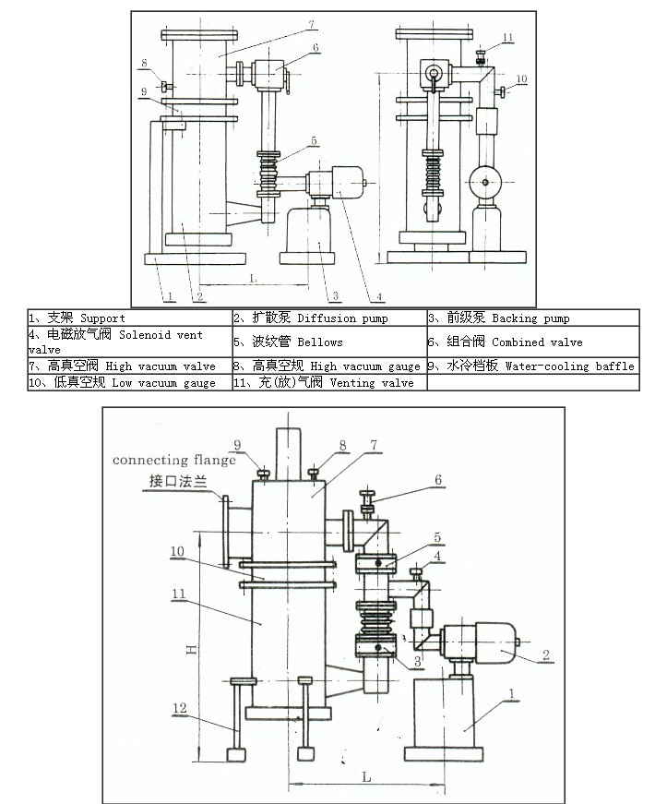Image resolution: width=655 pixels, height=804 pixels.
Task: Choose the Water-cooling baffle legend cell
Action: point(531,366)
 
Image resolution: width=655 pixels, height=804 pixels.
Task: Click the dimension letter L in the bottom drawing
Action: point(366,777)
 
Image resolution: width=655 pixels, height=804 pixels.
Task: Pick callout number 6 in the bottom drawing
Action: point(438,479)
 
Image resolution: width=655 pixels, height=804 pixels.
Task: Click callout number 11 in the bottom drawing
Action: point(181,595)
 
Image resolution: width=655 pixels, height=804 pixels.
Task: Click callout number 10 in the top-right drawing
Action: point(522,79)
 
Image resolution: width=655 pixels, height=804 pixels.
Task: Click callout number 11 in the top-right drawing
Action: point(508,37)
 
